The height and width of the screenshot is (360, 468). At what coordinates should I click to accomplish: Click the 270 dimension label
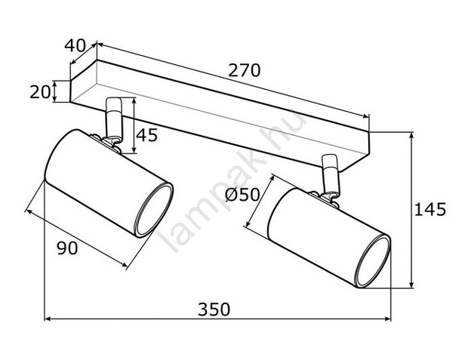click(x=244, y=71)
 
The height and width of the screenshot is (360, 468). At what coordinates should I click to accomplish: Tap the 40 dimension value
click(x=75, y=46)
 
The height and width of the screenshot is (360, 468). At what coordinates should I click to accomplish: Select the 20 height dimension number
click(x=40, y=91)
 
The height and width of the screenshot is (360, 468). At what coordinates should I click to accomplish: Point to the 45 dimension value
click(x=146, y=135)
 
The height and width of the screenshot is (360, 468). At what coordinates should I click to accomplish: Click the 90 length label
click(x=67, y=248)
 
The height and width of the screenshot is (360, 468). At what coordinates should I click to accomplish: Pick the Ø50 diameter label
click(x=242, y=195)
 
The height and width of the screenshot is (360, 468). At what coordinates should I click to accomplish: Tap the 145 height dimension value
click(x=430, y=209)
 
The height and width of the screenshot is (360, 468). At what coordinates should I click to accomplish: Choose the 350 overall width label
click(x=214, y=309)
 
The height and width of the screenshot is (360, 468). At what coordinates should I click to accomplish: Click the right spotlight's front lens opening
click(x=372, y=261)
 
